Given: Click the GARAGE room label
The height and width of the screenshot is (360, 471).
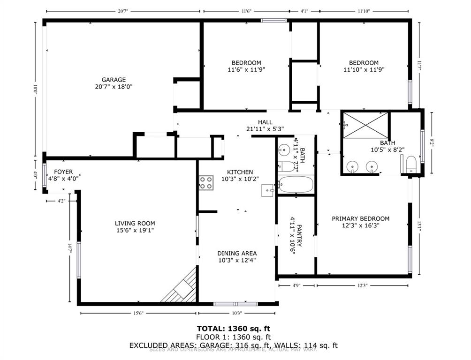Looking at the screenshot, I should [114, 80].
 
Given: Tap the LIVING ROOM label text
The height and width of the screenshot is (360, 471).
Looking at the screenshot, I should [135, 224].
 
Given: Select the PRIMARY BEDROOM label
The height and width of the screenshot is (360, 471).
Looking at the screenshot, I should [360, 218].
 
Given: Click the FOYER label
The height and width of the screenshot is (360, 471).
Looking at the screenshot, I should [63, 172].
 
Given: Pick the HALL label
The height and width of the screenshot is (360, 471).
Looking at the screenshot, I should [265, 122].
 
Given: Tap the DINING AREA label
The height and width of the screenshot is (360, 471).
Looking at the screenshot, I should [236, 253].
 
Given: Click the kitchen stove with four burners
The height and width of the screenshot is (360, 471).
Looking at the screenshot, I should [206, 182].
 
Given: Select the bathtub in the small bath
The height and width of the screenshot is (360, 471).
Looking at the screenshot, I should [296, 185].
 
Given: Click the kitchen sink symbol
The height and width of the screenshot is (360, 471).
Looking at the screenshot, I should [267, 190].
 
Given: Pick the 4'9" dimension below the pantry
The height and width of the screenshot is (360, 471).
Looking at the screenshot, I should [296, 285].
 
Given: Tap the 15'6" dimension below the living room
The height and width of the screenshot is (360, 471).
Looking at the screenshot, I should [138, 313].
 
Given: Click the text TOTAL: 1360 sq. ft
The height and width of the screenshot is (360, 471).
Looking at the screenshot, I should [233, 329].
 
